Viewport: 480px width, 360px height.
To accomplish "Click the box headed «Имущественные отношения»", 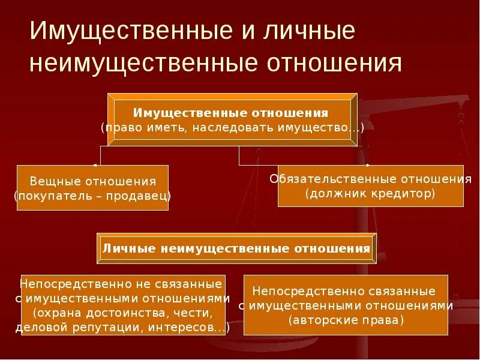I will click(232, 119).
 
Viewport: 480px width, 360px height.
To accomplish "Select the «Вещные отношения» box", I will click(92, 188).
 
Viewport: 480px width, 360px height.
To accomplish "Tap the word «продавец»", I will click(137, 196).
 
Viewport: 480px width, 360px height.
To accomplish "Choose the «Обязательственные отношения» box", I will click(370, 186).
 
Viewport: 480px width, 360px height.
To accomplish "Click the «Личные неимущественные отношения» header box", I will click(236, 248).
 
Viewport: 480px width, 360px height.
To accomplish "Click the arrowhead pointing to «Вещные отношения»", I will click(95, 164).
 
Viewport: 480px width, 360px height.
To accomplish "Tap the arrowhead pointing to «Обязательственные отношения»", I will click(368, 164).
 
